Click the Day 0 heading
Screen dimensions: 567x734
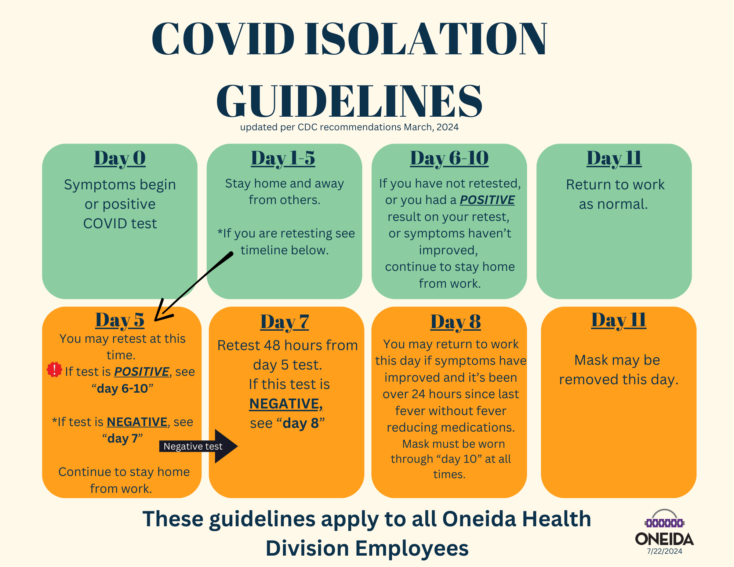(120, 159)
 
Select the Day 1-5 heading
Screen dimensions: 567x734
(283, 159)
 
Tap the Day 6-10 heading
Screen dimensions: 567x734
(449, 159)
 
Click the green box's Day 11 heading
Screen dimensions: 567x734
(614, 159)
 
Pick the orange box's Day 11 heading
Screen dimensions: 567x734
(618, 320)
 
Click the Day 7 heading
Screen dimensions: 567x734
(285, 322)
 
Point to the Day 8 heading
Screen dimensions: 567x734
(455, 322)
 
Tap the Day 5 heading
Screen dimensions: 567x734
(120, 320)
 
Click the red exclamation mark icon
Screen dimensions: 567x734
(54, 370)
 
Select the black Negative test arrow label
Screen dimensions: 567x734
(193, 446)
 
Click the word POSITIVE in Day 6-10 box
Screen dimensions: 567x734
(487, 200)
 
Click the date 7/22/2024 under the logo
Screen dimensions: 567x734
(664, 551)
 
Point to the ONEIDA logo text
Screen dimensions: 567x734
(664, 539)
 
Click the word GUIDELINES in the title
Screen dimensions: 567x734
(349, 101)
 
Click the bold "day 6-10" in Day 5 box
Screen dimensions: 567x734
(123, 388)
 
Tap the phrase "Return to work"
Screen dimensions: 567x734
(615, 185)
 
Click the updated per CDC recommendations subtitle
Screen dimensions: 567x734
(349, 127)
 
